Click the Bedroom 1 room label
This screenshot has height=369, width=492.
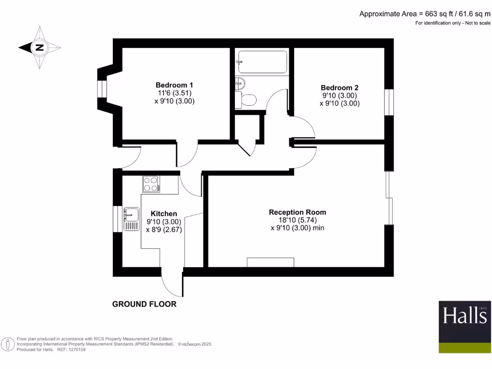coord(174,84)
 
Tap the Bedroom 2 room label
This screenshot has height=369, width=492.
coord(340,87)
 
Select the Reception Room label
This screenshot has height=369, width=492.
coord(297,212)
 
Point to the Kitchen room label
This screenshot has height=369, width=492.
coord(164,213)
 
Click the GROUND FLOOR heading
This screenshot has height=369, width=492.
coord(144,304)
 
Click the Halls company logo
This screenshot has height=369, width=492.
coord(465,327)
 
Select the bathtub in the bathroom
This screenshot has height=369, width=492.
coord(262,61)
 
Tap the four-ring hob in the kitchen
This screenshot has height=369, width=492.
coord(151,184)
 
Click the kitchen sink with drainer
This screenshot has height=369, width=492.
coord(131,219)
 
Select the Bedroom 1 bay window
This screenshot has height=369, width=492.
coord(101,89)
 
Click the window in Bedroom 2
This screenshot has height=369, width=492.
coord(389,101)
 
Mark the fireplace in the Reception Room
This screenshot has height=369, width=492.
coord(270,262)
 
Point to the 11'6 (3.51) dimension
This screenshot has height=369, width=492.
coord(174,93)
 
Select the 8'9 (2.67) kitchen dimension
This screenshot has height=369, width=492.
coord(164,230)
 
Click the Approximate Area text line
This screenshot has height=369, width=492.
coord(425,14)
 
